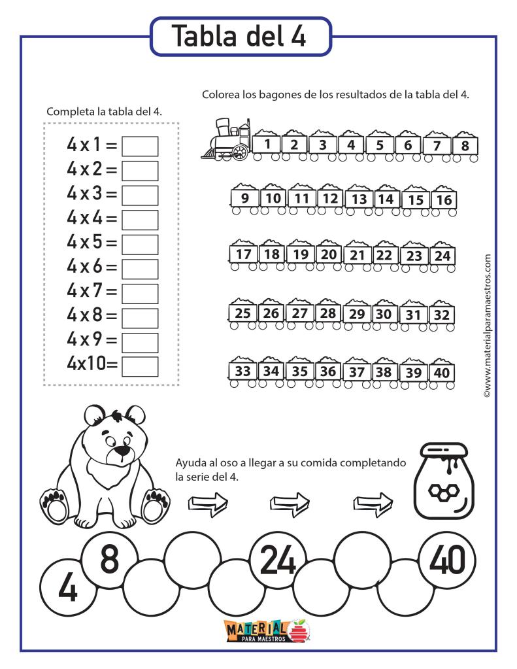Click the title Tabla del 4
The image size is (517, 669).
click(240, 37)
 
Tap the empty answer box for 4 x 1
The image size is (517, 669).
click(141, 146)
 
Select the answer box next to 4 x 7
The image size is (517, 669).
click(141, 293)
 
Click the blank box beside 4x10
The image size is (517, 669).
click(141, 366)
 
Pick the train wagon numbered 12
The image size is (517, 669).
click(331, 199)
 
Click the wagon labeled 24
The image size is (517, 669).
click(442, 256)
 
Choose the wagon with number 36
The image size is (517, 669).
click(329, 371)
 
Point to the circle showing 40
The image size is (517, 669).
click(448, 560)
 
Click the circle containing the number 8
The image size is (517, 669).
click(109, 560)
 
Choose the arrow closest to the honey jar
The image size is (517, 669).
click(373, 503)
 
